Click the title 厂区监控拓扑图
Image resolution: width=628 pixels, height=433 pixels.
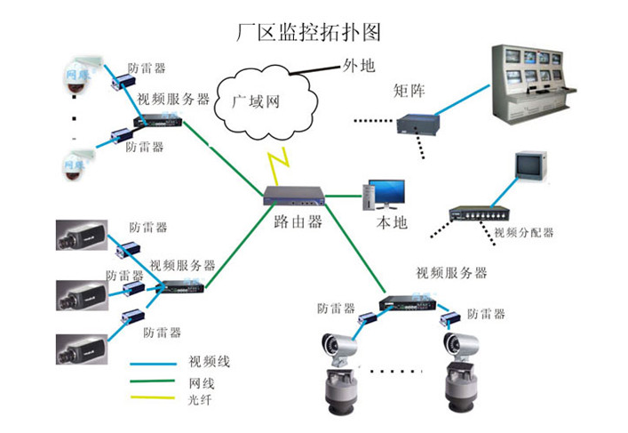pos(310,32)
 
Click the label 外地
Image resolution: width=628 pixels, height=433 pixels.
pos(359,65)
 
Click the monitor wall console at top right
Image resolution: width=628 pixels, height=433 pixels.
pos(543,86)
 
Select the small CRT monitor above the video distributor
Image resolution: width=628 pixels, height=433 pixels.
pos(529,165)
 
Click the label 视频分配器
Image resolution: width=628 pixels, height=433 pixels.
pos(524,233)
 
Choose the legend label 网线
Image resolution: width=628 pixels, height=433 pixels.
pos(202,383)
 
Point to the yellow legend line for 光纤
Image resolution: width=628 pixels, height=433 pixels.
pos(154,402)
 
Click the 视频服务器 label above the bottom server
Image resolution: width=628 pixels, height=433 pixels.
pos(450,272)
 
